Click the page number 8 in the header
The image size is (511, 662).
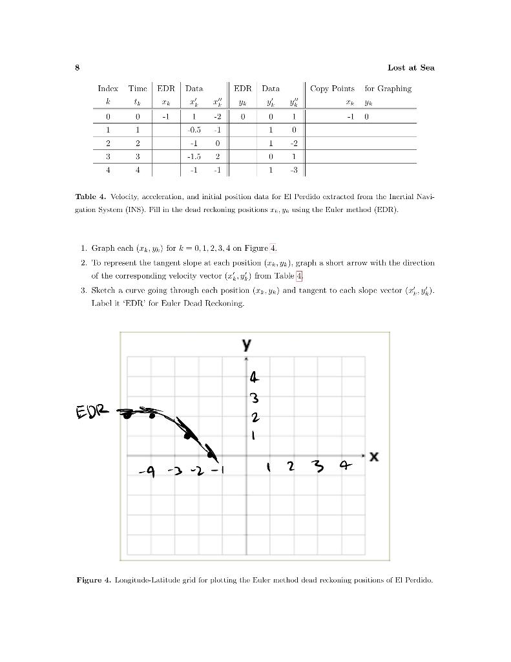[77, 67]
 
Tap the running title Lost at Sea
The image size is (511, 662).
[411, 67]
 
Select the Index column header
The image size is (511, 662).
[108, 89]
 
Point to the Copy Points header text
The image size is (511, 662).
[332, 89]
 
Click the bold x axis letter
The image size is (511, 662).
[374, 457]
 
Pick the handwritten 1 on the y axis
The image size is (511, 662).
[253, 436]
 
